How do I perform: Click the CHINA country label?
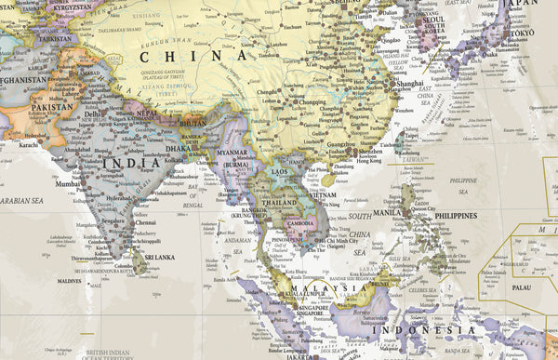click(x=194, y=56)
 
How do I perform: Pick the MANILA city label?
click(x=390, y=213)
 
